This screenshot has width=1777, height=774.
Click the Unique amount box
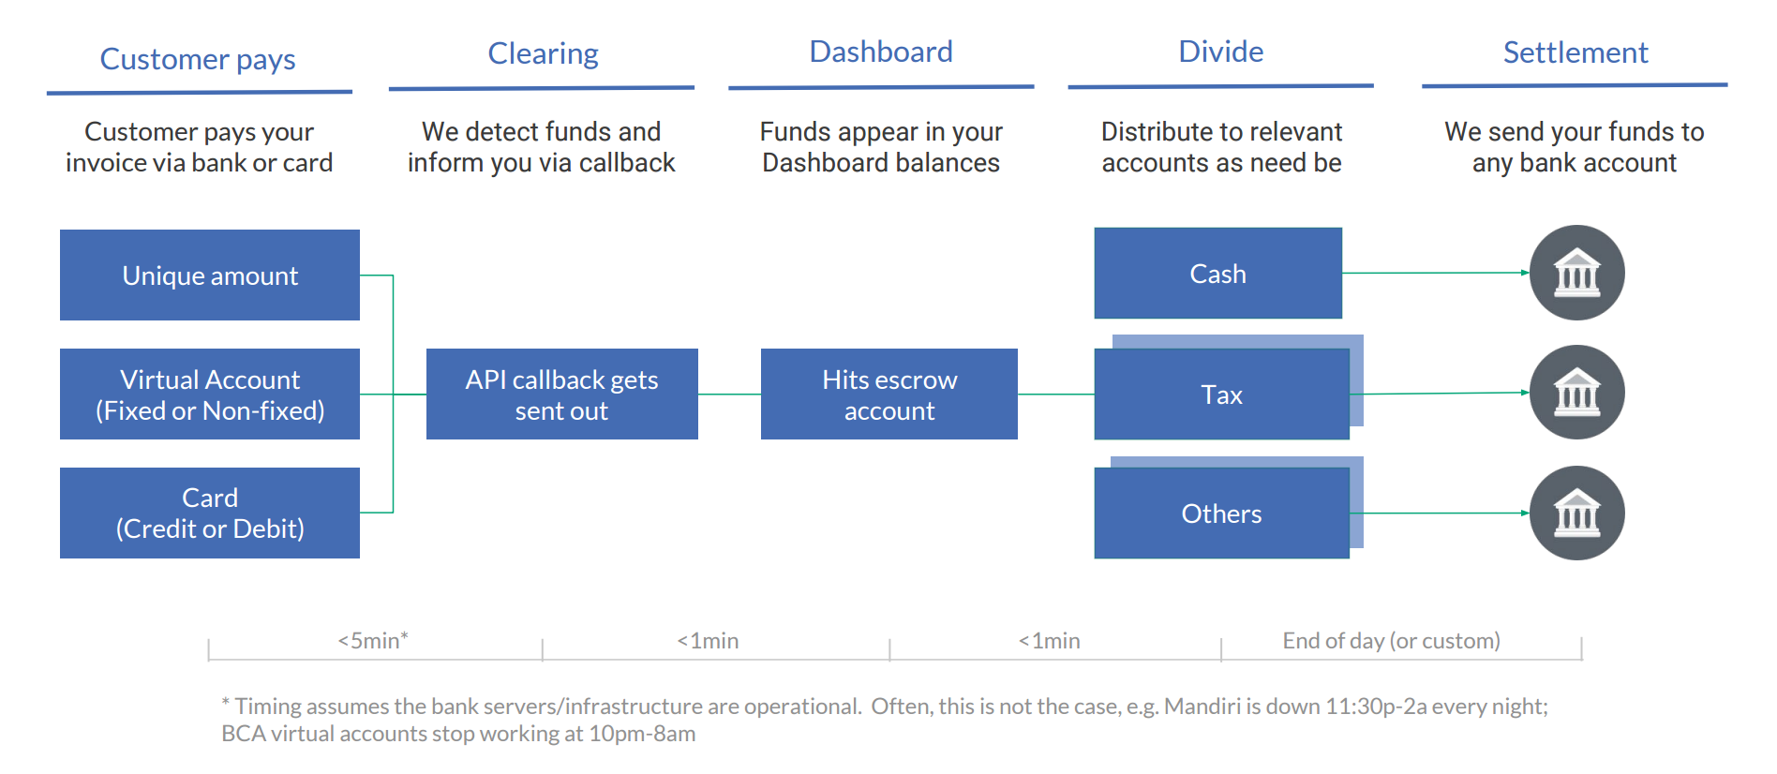(210, 275)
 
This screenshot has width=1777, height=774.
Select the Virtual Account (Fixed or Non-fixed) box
(210, 394)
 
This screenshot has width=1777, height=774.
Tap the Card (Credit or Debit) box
(210, 513)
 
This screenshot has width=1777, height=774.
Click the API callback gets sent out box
(562, 394)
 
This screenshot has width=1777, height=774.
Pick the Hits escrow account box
(889, 394)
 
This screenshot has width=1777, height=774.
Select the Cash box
(1218, 273)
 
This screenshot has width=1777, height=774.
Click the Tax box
(1222, 394)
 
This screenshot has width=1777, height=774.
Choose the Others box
(1222, 513)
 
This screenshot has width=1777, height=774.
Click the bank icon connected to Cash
(1577, 273)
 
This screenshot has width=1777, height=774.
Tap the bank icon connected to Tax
(1577, 392)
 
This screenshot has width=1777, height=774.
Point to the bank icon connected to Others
(1577, 513)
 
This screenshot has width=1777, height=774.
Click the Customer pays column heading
(198, 60)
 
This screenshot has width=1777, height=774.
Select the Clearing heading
(544, 53)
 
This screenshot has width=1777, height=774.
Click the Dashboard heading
(881, 52)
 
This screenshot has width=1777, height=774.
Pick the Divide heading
(1221, 52)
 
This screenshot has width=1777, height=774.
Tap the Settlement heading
(1575, 52)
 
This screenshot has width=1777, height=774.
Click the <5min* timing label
(373, 640)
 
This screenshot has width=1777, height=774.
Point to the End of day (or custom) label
(1392, 641)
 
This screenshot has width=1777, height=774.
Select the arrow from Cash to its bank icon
(1436, 273)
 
